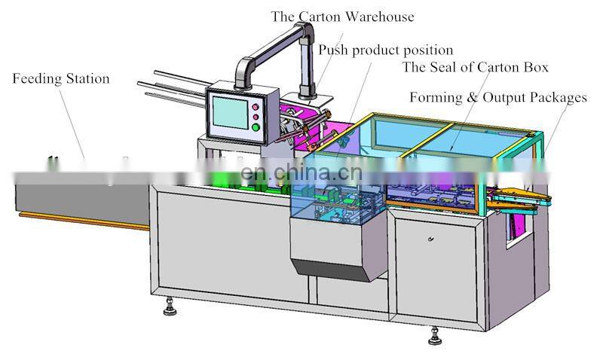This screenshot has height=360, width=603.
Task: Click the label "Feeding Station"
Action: click(61, 79)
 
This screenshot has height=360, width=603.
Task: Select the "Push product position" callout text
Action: click(385, 50)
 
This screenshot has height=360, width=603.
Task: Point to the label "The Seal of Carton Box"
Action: click(475, 68)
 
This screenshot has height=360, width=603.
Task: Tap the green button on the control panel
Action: click(256, 127)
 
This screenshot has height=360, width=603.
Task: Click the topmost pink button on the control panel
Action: click(256, 106)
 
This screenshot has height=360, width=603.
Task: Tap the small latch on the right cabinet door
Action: click(430, 239)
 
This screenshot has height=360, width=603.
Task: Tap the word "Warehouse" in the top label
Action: click(378, 17)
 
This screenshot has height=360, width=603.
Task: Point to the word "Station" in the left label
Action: click(87, 79)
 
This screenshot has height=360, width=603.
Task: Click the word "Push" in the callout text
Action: click(332, 50)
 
